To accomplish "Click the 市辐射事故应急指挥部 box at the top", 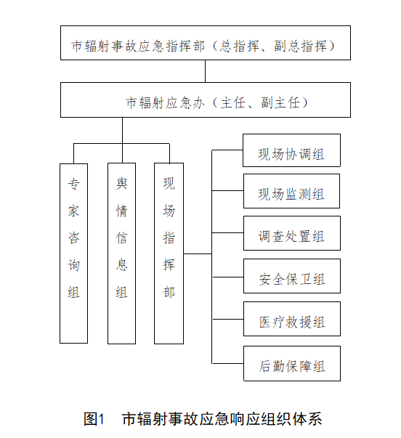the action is [x=206, y=43].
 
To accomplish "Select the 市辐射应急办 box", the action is [x=206, y=100].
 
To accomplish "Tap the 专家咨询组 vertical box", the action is [x=74, y=254].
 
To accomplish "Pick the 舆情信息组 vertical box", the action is [x=122, y=254].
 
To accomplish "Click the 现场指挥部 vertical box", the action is [x=169, y=254].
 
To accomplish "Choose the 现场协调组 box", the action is [x=291, y=150].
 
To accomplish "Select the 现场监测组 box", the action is [x=291, y=191].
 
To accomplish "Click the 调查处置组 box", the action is [x=292, y=233].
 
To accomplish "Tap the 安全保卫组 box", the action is [x=292, y=276].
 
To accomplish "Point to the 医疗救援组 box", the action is [x=292, y=319].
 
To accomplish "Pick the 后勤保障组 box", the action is [x=292, y=363].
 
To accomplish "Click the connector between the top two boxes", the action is [x=205, y=71].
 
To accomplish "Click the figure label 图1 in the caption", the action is [x=94, y=419].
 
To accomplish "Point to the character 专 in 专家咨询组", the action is [x=74, y=184].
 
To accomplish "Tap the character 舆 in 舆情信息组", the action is [x=122, y=184].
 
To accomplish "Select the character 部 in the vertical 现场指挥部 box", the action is [x=169, y=292].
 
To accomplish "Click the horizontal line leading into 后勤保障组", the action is [x=228, y=363].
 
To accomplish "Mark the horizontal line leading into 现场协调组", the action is [x=227, y=150].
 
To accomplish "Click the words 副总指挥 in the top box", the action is [x=301, y=46].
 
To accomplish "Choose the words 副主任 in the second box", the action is [x=280, y=103].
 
